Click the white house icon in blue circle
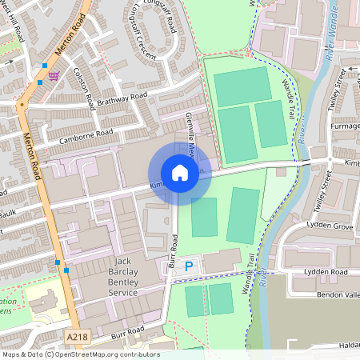click(180, 173)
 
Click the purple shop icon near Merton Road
click(54, 76)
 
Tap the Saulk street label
click(8, 214)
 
